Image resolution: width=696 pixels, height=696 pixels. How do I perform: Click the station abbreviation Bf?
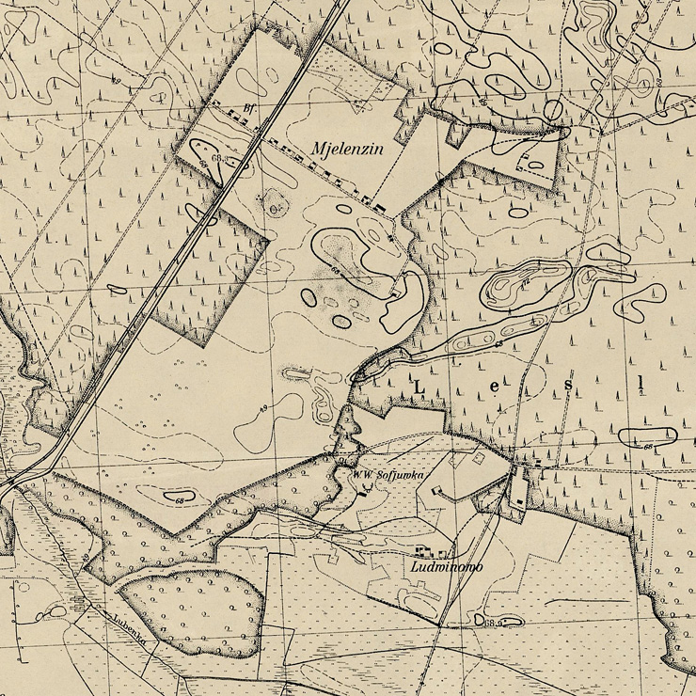click(248, 108)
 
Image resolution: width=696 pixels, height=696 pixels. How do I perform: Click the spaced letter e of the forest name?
click(495, 387)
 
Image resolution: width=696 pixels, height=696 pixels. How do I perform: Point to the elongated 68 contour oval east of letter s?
click(647, 435)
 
